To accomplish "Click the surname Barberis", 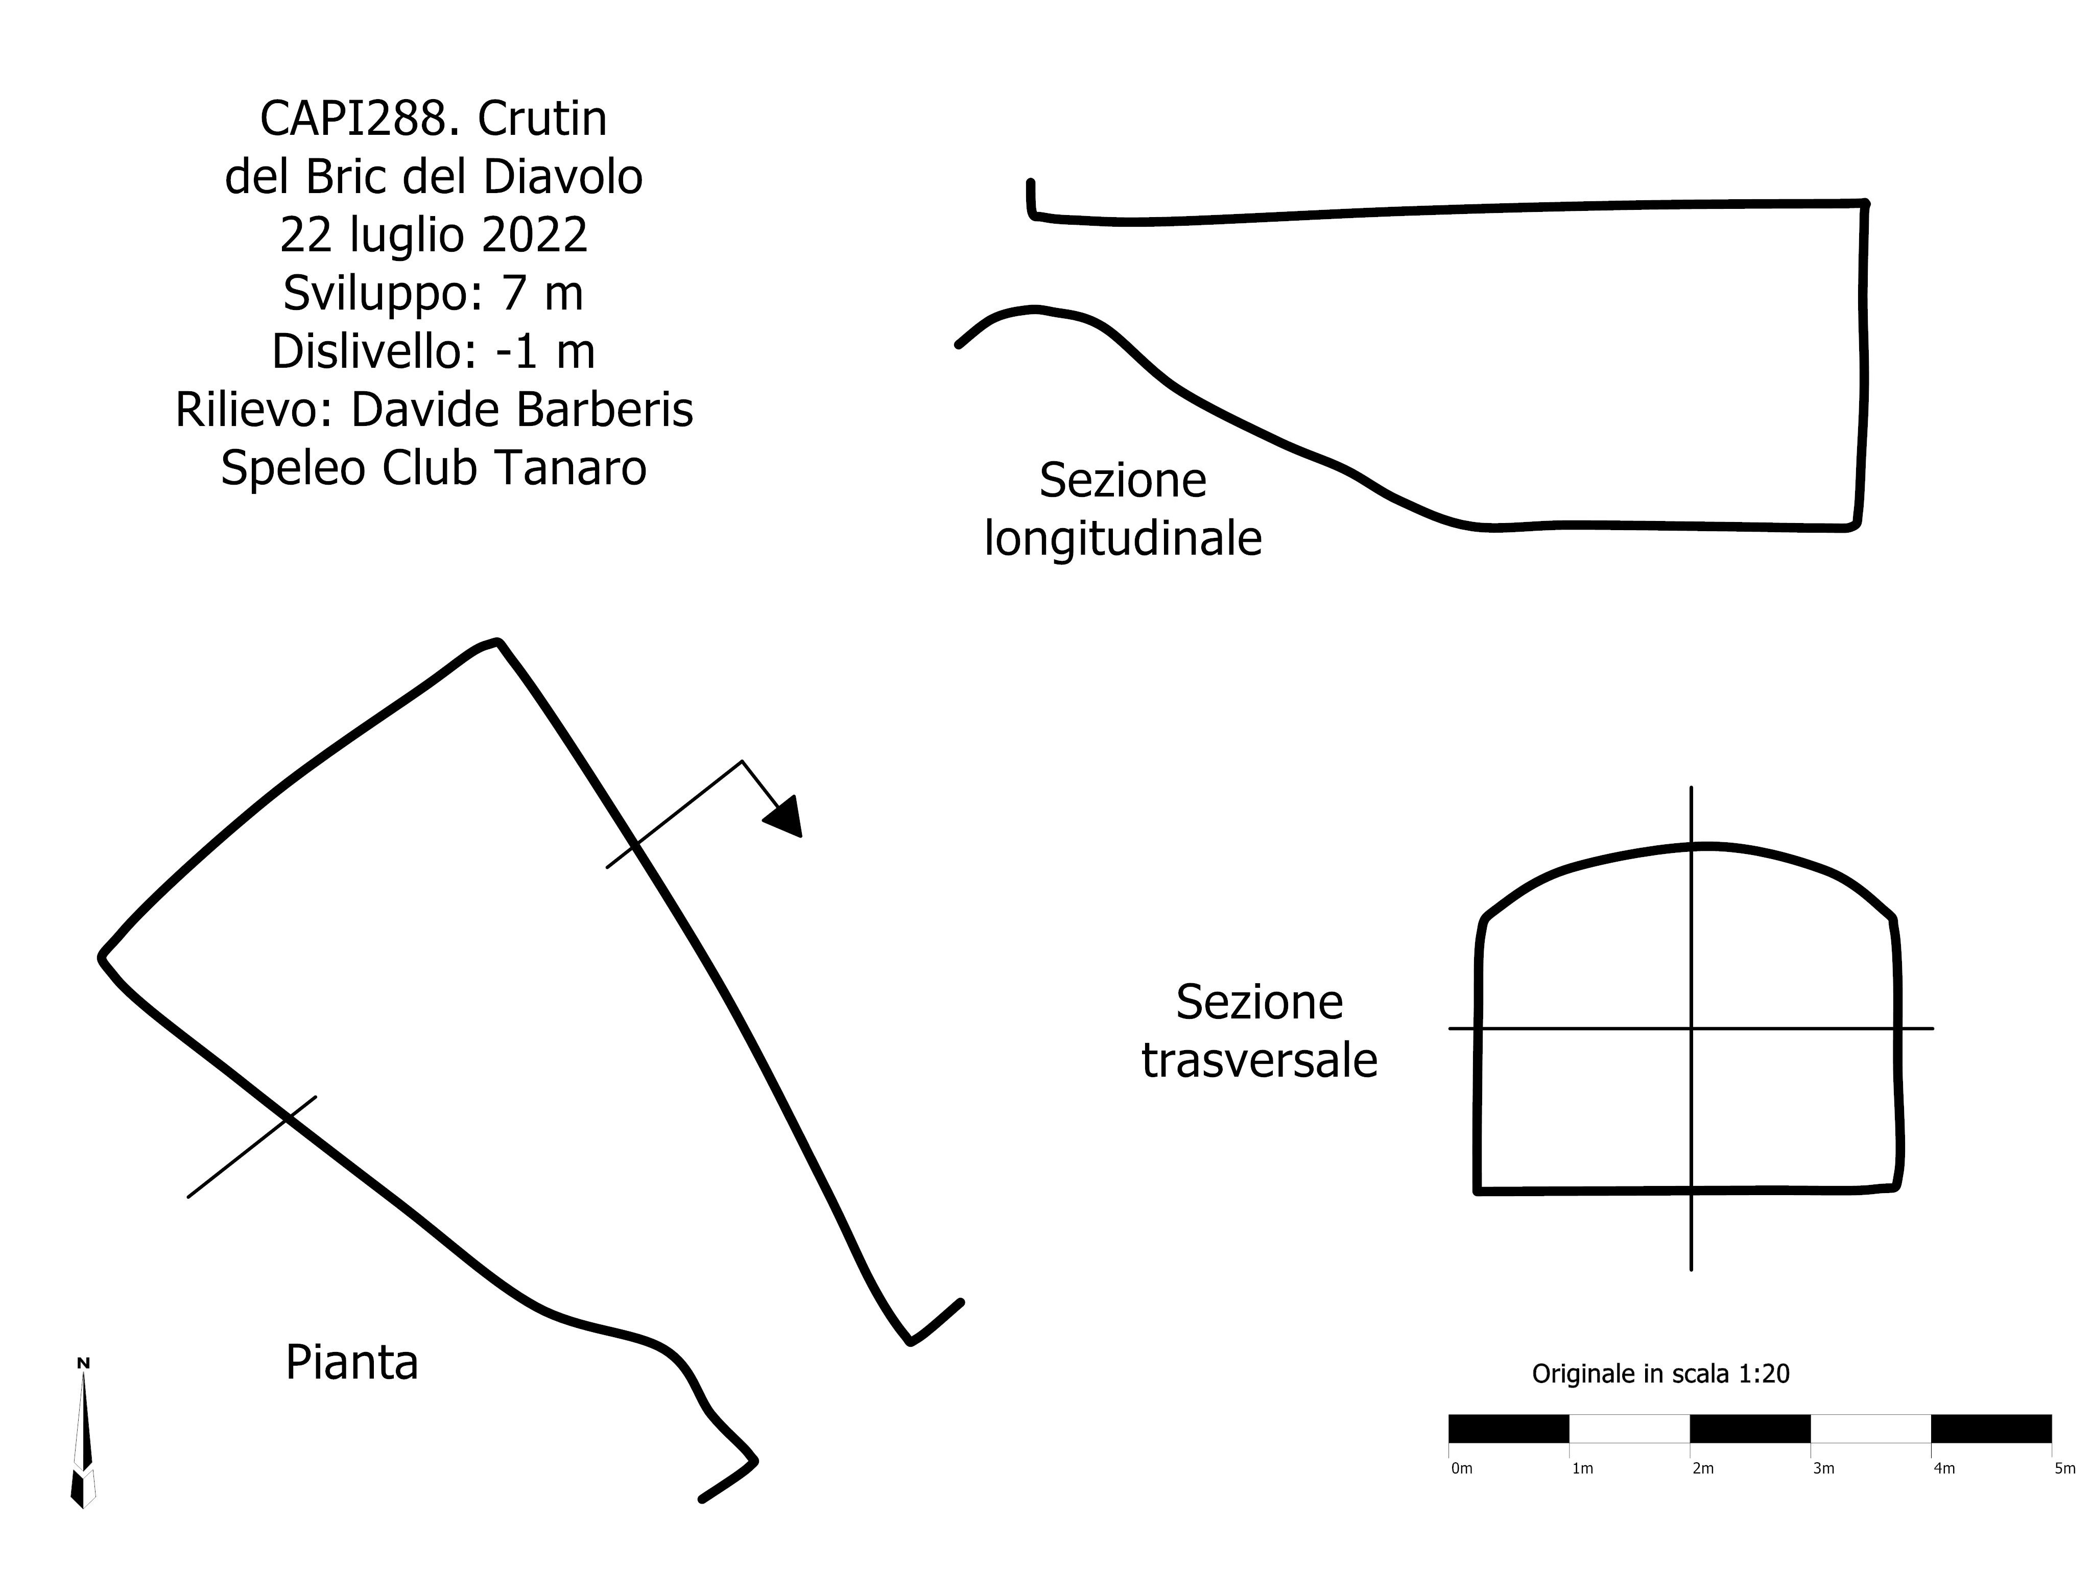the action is pyautogui.click(x=605, y=411).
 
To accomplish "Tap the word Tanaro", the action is pyautogui.click(x=570, y=468).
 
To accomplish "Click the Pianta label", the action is pyautogui.click(x=352, y=1363).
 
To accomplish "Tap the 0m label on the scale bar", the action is pyautogui.click(x=1462, y=1469).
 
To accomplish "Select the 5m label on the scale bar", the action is pyautogui.click(x=2065, y=1469).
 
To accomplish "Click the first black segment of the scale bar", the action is pyautogui.click(x=1509, y=1428).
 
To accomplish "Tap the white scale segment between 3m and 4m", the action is pyautogui.click(x=1871, y=1428).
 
